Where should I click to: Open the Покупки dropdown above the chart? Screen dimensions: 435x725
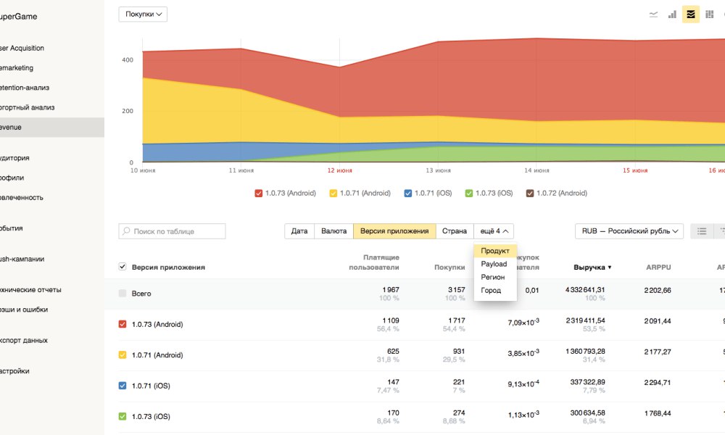click(x=143, y=14)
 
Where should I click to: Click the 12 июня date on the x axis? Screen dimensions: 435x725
click(x=339, y=170)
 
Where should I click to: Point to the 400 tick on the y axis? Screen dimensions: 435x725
click(x=127, y=60)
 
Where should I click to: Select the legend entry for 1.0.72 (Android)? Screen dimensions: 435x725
click(x=556, y=194)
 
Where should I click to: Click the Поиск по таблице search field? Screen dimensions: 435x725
click(x=172, y=231)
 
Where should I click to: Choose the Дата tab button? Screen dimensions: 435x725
click(x=299, y=231)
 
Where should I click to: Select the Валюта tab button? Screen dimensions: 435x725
click(x=333, y=231)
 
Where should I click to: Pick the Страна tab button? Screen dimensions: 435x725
click(x=455, y=231)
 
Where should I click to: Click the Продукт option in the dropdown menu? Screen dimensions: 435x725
click(x=495, y=251)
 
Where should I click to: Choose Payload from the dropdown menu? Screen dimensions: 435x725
click(x=494, y=264)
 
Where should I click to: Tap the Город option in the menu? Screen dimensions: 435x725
click(x=491, y=290)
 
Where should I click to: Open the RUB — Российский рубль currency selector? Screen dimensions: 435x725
click(x=629, y=231)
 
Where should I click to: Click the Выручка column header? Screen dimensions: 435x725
click(x=592, y=268)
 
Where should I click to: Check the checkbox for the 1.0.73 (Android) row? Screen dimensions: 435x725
click(x=123, y=324)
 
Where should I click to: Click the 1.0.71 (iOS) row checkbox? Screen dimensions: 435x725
click(x=123, y=386)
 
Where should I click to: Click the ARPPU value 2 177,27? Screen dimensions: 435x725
click(x=658, y=352)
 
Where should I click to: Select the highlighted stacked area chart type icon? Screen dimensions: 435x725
click(x=691, y=14)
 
